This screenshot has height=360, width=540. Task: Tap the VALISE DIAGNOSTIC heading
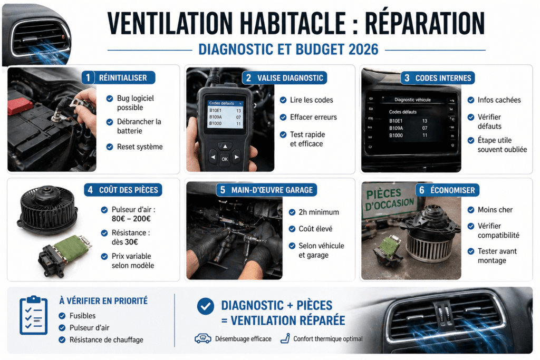coord(290,78)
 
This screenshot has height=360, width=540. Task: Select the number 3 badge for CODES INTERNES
coord(406,78)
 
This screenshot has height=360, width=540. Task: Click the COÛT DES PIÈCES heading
coord(128,190)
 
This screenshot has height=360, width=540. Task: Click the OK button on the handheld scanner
coord(225,159)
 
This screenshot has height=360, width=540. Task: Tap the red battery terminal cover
coord(20,104)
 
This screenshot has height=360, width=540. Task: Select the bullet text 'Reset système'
coord(140,147)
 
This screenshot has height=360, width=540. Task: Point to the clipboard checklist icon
coord(33,316)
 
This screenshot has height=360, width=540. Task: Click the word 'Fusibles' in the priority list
coord(83,315)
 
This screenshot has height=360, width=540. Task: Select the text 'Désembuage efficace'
coord(243,339)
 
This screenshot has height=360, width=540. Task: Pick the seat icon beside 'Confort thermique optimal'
coord(285,338)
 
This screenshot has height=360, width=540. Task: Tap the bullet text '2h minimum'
coord(319,212)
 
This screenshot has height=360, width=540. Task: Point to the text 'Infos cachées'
coord(499,100)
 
